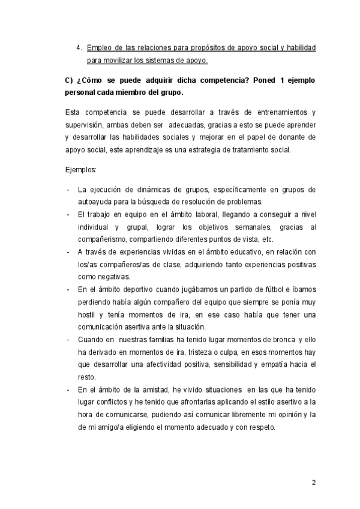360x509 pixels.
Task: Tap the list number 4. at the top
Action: click(79, 47)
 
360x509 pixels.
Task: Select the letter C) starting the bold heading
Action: click(68, 80)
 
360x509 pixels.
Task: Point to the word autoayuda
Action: click(96, 201)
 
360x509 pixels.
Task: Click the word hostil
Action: click(88, 315)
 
